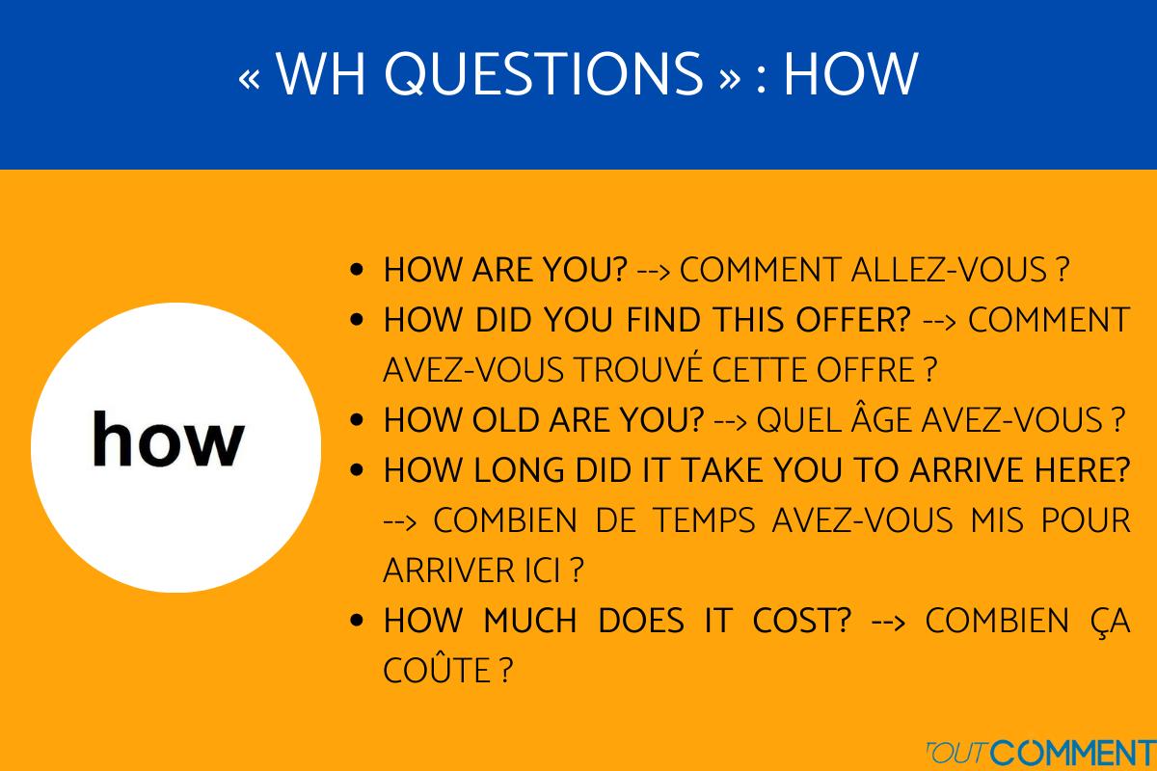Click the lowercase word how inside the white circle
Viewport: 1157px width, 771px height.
169,439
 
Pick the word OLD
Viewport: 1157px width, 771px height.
512,420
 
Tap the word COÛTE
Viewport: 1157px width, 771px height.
438,671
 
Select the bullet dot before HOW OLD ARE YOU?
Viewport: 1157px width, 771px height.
358,421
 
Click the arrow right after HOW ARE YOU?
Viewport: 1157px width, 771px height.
654,271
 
